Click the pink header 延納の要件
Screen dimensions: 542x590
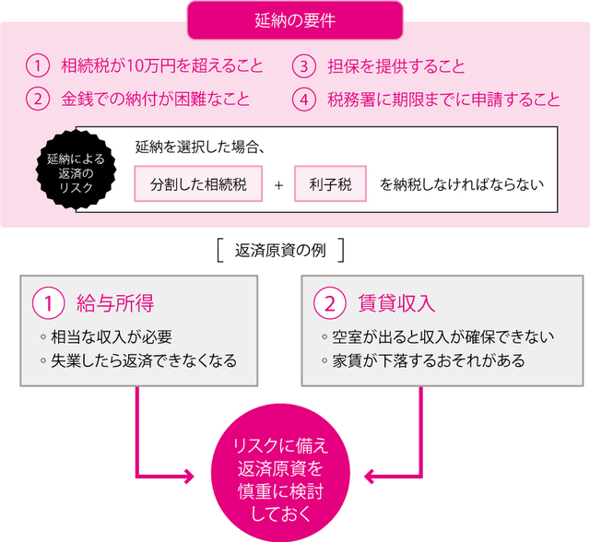coord(295,19)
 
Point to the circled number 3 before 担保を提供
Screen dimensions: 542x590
coord(303,66)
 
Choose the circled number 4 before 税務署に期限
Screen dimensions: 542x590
coord(303,99)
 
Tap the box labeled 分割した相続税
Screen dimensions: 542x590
coord(198,183)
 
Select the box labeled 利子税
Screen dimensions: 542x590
coord(330,183)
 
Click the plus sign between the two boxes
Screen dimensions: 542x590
coord(278,183)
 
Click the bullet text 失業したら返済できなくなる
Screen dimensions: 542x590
coord(144,360)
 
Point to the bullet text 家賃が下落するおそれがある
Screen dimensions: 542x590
coord(428,360)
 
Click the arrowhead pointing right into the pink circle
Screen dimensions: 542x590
coord(188,477)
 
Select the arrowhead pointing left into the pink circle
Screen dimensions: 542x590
coord(372,477)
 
